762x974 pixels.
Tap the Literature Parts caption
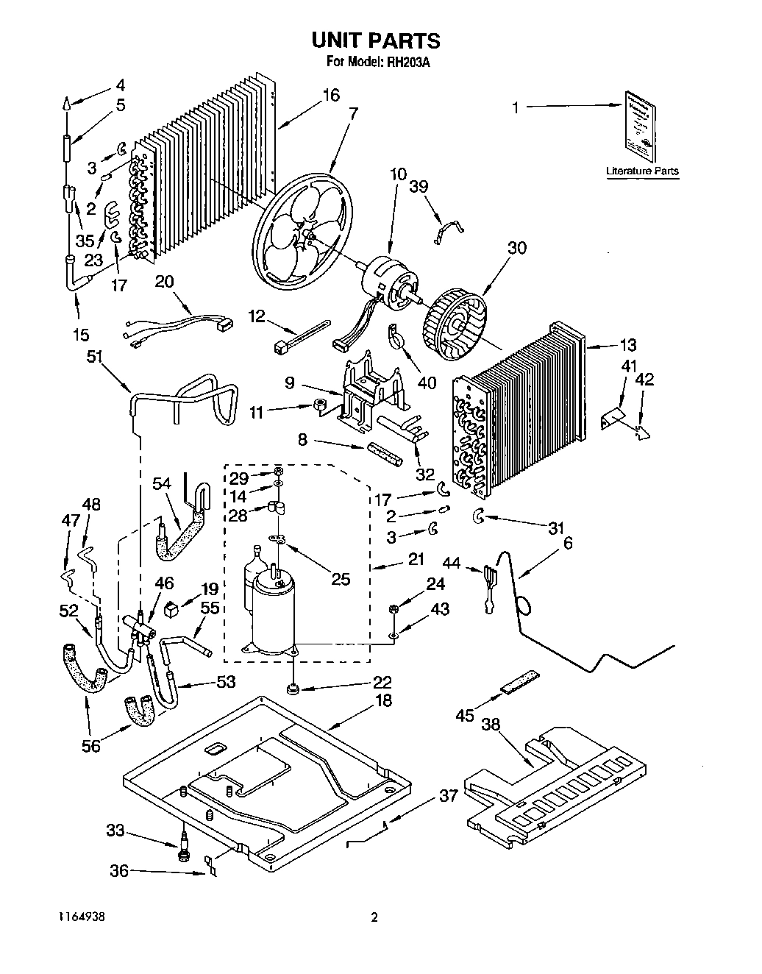641,171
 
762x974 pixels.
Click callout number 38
490,725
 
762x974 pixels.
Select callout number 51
94,357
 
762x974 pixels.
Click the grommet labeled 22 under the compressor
293,689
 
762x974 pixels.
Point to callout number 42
644,380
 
